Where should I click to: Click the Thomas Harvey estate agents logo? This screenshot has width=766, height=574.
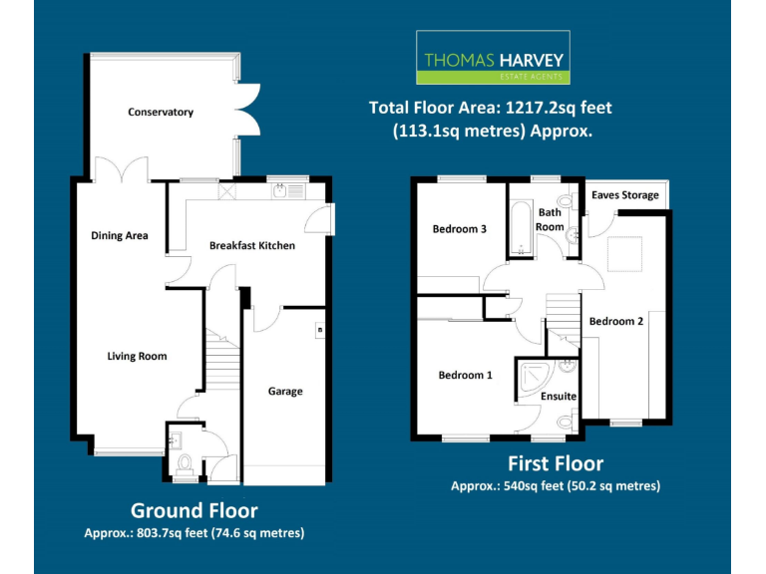493,57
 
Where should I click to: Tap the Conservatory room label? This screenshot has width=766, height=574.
161,113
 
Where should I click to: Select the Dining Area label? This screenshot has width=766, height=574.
120,236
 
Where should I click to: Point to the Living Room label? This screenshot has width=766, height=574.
138,356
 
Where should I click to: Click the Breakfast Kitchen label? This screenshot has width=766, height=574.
252,245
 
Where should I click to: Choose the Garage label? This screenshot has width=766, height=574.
285,392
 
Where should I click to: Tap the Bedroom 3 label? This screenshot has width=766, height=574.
459,229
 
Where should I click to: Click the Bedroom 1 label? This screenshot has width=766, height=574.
466,376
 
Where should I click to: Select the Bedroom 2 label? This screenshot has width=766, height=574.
616,322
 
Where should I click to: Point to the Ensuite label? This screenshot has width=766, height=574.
559,397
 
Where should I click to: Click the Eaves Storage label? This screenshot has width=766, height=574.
625,195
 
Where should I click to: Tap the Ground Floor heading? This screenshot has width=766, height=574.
194,511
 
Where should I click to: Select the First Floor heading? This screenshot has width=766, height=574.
556,463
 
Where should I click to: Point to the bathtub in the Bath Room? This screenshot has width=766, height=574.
521,228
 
